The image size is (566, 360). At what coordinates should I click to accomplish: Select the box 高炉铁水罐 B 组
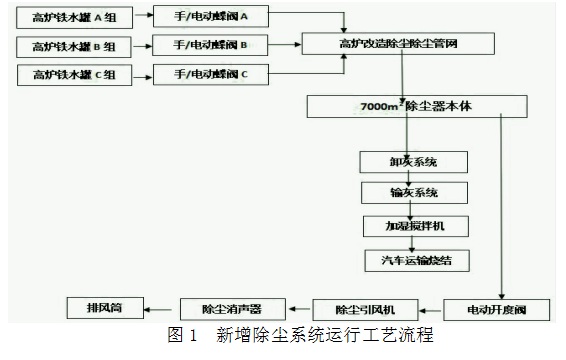(74, 47)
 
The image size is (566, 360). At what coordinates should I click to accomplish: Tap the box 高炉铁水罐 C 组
(74, 74)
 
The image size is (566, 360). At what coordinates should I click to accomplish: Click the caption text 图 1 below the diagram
(180, 336)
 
